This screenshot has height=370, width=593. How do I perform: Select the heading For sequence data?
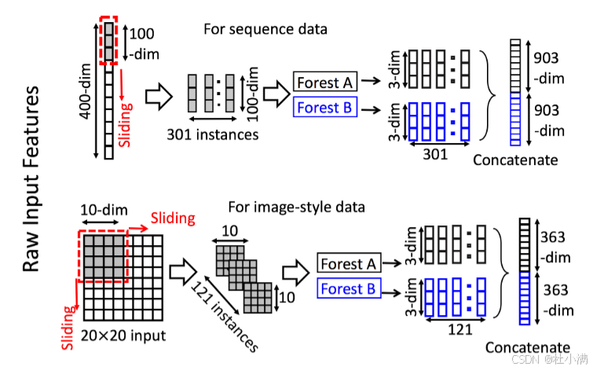(x=265, y=30)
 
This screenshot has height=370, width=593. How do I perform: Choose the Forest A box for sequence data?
(x=325, y=81)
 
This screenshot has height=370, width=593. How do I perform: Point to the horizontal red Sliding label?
(x=173, y=218)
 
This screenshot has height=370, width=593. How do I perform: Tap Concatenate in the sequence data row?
(x=515, y=159)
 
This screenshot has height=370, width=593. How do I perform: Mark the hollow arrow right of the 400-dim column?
(x=158, y=97)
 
